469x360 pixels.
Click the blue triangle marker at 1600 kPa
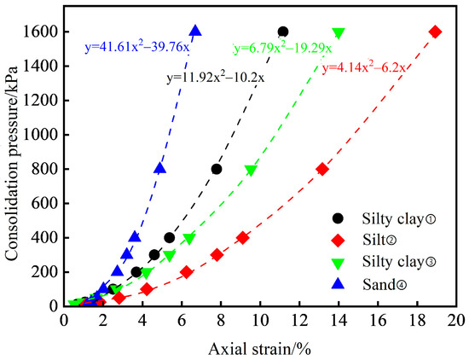(x=195, y=31)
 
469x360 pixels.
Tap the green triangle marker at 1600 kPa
(x=339, y=32)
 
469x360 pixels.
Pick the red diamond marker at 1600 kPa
(x=435, y=32)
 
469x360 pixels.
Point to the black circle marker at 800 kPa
(x=217, y=169)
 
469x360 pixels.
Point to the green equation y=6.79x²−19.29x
(x=282, y=49)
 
